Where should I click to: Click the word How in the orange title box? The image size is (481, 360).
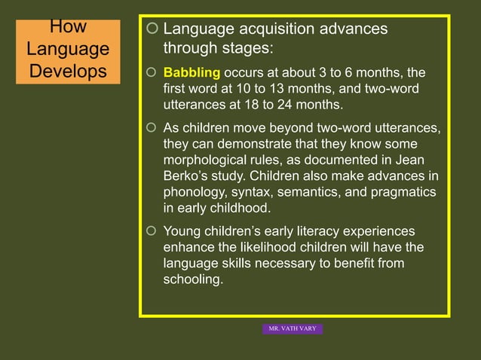point(68,28)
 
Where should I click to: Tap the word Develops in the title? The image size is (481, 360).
point(68,72)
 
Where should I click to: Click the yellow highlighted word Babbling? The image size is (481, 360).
point(191,73)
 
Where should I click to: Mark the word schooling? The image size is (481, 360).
point(192,279)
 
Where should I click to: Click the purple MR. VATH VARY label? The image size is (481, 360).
point(293,328)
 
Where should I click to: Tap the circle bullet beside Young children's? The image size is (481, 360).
point(152,231)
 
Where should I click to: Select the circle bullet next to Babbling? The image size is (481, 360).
point(152,73)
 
